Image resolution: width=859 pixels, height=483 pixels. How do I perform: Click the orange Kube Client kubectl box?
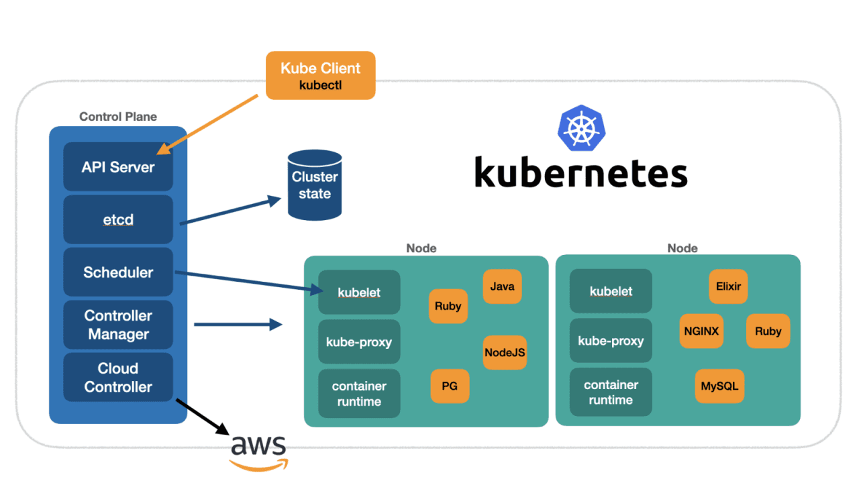320,75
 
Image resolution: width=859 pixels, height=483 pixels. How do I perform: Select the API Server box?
118,167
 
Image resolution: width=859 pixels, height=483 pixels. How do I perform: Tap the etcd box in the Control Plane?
118,219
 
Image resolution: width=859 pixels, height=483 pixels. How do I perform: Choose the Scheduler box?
118,272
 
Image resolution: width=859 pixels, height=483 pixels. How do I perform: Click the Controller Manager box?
118,325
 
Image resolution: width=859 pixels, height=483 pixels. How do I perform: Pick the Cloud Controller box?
118,377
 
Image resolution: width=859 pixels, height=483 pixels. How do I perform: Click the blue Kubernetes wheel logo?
580,127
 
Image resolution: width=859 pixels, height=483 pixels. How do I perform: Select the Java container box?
502,286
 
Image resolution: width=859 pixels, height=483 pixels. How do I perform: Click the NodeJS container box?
505,352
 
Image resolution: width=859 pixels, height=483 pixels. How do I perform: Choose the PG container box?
450,386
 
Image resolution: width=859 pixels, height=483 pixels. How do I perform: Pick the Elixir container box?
728,286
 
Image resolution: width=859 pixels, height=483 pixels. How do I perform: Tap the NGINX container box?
701,331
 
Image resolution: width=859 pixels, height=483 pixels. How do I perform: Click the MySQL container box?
719,386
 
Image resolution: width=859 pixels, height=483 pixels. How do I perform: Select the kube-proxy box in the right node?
611,341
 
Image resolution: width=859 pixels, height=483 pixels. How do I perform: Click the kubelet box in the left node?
359,292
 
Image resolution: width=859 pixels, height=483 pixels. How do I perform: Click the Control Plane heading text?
118,117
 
